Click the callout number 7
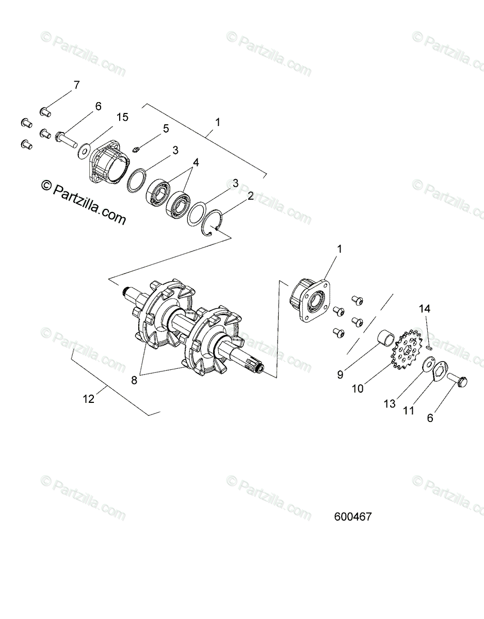(x=76, y=85)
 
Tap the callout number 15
(x=122, y=118)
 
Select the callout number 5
(x=166, y=129)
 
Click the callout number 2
(x=251, y=196)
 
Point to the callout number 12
(x=89, y=399)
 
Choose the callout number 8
(x=134, y=380)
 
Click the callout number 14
(x=424, y=309)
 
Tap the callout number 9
(x=340, y=375)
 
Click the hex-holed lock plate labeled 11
(x=440, y=372)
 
